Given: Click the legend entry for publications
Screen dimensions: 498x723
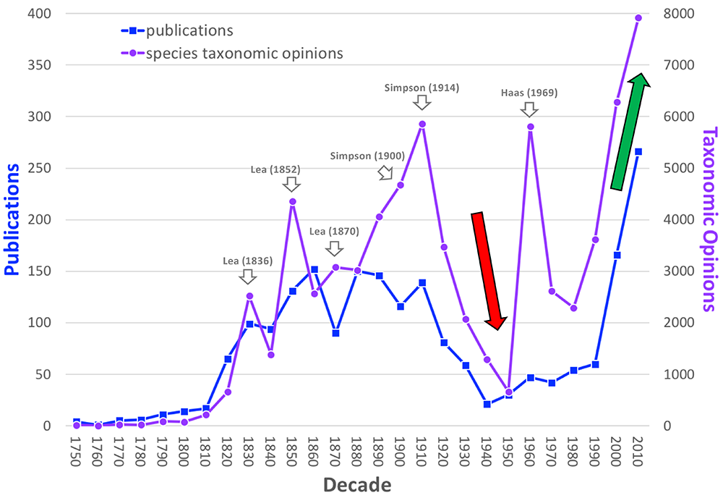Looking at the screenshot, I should (189, 30).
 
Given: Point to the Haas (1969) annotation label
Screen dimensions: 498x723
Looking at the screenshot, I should (529, 93).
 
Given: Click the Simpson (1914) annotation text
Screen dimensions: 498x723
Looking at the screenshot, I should (422, 88).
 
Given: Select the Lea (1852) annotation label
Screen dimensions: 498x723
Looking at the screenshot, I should (275, 169).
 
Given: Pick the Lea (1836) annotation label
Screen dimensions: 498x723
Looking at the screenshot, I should (247, 261).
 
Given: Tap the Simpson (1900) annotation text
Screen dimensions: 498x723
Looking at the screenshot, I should (367, 156).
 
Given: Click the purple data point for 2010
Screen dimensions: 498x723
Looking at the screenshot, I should (638, 18).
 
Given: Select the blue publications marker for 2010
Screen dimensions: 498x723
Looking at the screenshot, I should (638, 152).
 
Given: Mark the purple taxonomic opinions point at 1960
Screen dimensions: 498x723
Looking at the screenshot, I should (530, 127).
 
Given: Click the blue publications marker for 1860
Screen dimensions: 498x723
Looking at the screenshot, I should (314, 269).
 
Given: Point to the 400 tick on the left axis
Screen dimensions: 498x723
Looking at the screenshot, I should (43, 14).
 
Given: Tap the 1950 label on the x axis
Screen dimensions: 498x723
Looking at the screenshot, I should (508, 454).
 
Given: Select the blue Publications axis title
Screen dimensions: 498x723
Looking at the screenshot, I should (13, 219).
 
